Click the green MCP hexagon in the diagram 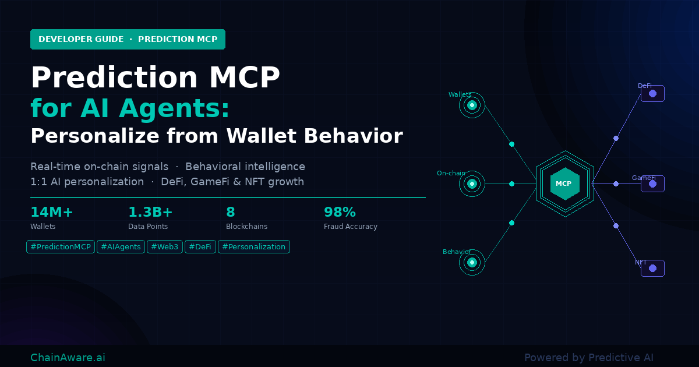point(564,183)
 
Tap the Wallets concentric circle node point(472,105)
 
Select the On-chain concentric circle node point(472,183)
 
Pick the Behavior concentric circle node point(472,262)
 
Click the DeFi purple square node point(652,93)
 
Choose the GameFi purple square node point(652,183)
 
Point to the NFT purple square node point(652,268)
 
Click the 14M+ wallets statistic point(52,212)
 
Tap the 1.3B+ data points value point(150,212)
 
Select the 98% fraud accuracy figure point(340,212)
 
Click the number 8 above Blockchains point(231,212)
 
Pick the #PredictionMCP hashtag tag point(61,247)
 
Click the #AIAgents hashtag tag point(121,247)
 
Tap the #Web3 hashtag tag point(165,247)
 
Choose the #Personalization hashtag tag point(253,247)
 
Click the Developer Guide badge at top point(128,40)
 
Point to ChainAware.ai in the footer point(68,358)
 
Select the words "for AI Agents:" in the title point(129,108)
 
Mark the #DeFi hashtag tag point(200,247)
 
